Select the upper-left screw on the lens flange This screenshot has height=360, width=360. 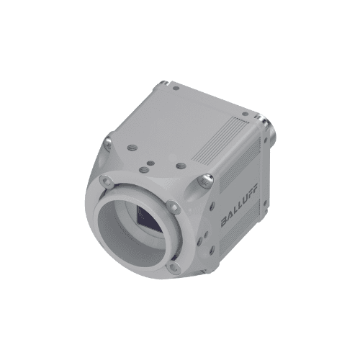tap(107, 181)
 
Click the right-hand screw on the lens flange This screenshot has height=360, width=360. tap(173, 207)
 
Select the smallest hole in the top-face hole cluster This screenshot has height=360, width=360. tap(150, 163)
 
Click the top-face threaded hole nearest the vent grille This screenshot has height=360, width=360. tap(180, 166)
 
